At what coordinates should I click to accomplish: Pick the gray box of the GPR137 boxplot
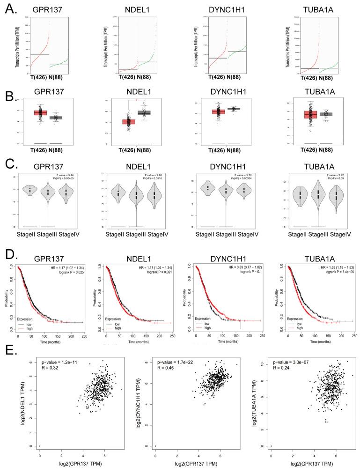(56, 118)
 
